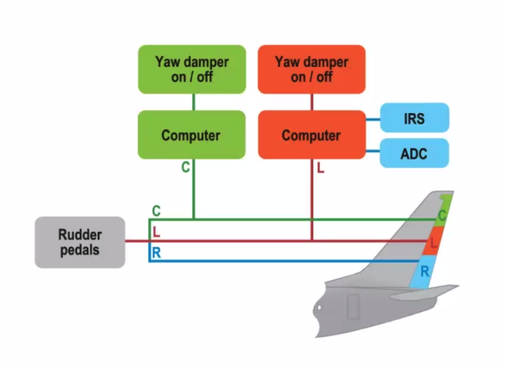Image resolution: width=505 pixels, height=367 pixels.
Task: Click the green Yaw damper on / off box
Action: (x=191, y=69)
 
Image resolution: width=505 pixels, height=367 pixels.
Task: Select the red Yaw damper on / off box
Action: (x=311, y=69)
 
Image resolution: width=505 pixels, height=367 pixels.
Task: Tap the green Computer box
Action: (x=191, y=135)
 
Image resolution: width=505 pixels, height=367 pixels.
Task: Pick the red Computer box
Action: (x=311, y=135)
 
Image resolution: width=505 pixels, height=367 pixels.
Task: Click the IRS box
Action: (x=414, y=118)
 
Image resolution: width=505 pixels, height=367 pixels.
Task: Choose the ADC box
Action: (x=414, y=154)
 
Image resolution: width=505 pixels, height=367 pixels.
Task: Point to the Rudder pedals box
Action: (x=79, y=242)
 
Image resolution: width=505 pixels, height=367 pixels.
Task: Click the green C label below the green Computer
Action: (x=185, y=168)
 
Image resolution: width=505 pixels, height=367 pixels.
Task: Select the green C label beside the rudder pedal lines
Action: (x=156, y=211)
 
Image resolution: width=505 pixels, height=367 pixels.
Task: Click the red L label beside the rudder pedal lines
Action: (x=156, y=232)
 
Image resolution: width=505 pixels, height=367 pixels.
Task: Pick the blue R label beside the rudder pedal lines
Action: (x=156, y=253)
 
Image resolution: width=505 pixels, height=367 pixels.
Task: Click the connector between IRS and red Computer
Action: (x=372, y=118)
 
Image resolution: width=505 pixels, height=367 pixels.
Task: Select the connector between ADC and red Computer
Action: (x=372, y=152)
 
